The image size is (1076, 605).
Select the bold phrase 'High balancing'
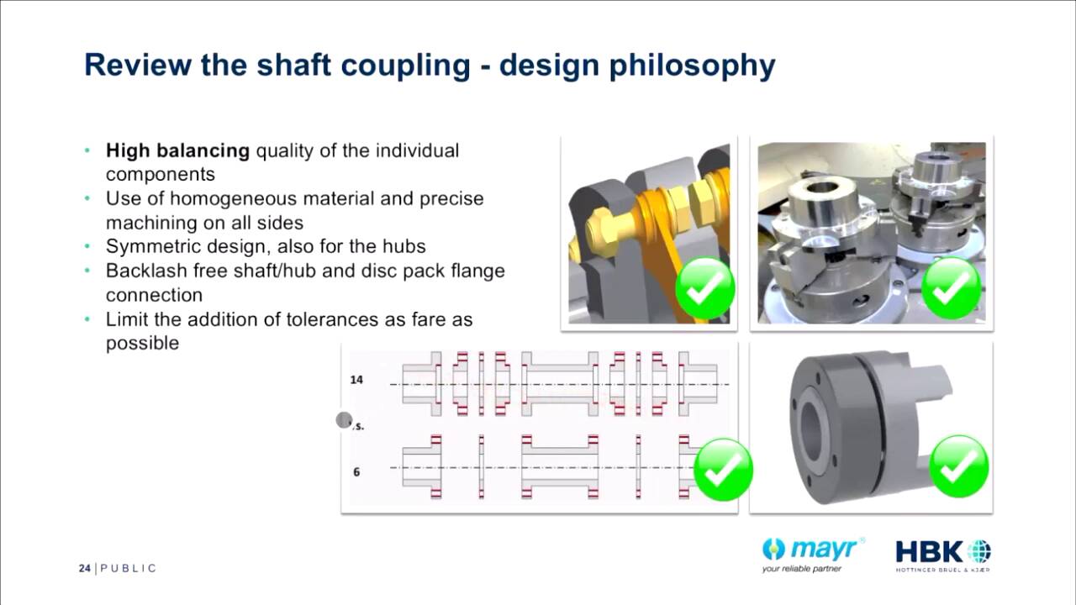[x=177, y=151]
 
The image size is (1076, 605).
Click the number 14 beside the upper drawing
[x=356, y=380]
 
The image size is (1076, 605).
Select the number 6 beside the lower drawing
[x=356, y=472]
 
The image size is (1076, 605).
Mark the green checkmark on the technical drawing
[x=723, y=469]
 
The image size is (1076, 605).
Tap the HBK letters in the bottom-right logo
[x=929, y=552]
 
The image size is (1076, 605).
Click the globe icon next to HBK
[x=979, y=552]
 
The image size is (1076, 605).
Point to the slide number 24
[x=84, y=569]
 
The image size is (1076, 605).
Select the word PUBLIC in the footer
[x=129, y=569]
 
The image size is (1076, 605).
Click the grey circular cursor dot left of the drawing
[x=344, y=420]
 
